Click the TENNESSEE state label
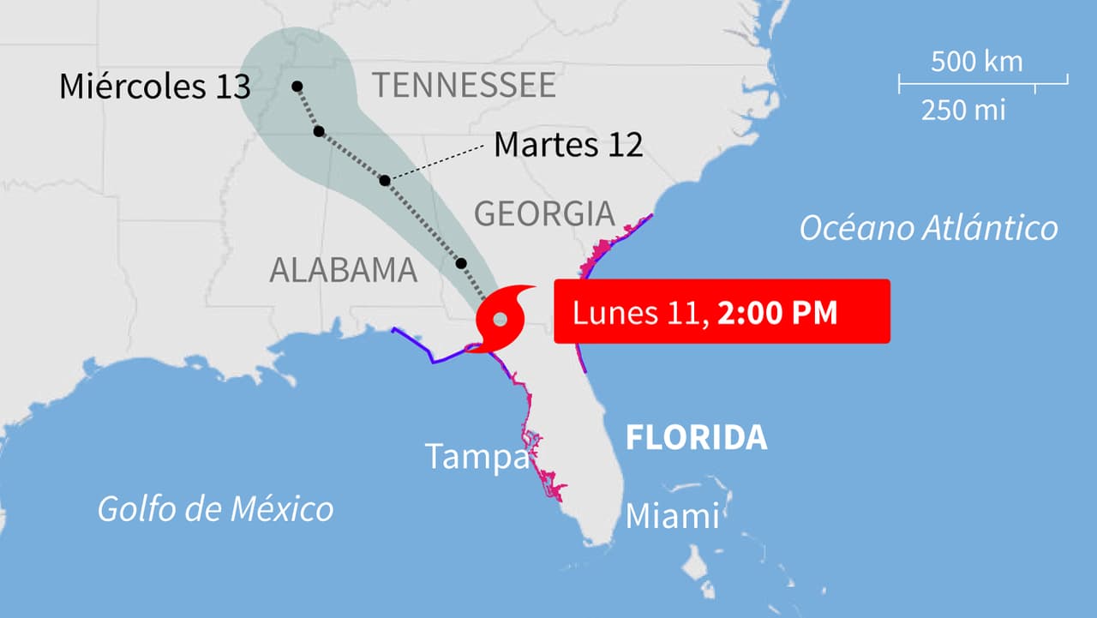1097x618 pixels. (464, 86)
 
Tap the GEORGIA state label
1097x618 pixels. (544, 213)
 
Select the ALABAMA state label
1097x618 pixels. (343, 270)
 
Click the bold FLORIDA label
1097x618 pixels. (696, 437)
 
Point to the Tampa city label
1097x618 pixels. (477, 457)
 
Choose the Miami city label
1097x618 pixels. (672, 517)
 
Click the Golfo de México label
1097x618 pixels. (215, 508)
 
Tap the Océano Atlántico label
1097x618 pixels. (928, 229)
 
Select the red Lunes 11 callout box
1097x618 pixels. (722, 312)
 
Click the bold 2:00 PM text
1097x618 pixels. (777, 313)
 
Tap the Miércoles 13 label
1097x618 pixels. (155, 87)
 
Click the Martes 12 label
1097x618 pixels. (568, 145)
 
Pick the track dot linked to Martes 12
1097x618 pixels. (385, 180)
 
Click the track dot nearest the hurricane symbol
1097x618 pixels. (462, 262)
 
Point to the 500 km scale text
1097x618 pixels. (976, 62)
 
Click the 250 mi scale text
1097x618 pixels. (963, 111)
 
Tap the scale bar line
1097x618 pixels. (983, 83)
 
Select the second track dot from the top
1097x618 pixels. (319, 131)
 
